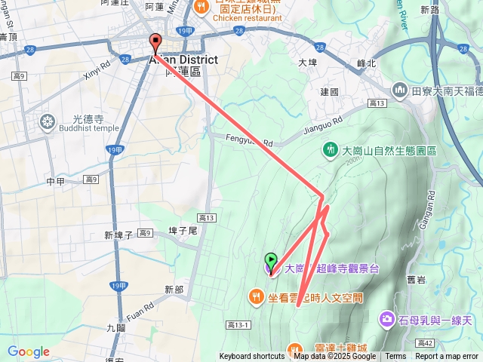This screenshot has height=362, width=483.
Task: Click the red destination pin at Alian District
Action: point(155,42)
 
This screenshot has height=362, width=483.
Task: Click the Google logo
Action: point(29,351)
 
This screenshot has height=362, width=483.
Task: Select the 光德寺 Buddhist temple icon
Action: point(48,121)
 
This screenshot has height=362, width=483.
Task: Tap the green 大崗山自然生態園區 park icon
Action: point(330,150)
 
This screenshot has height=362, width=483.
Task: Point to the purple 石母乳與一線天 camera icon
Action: point(388,320)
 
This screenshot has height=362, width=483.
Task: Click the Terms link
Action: point(395,357)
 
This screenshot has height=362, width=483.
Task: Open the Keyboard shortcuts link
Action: point(252,357)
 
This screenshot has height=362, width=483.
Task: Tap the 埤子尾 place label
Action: point(183,230)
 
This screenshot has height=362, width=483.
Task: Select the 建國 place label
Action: point(329,92)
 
